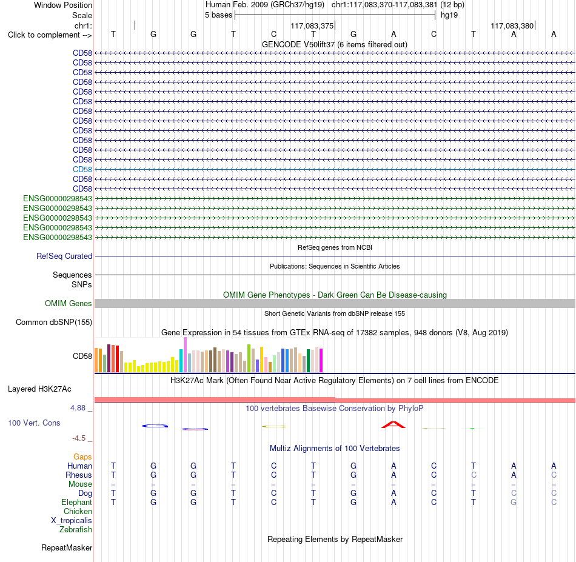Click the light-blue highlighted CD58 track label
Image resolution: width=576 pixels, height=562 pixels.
coord(82,169)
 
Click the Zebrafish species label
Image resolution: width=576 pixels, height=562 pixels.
coord(76,529)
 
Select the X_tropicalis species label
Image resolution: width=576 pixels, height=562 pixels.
coord(72,521)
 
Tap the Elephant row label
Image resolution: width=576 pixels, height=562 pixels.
coord(77,502)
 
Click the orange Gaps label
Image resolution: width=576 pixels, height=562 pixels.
coord(82,457)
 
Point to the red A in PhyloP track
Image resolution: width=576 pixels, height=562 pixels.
coord(393,425)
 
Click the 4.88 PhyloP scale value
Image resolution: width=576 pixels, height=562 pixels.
coord(78,408)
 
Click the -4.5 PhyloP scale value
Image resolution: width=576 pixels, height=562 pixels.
coord(79,438)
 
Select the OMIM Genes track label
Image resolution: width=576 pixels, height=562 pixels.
coord(69,303)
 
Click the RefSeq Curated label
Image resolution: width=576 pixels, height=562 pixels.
coord(64,256)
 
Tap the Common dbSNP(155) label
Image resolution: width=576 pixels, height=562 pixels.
coord(54,322)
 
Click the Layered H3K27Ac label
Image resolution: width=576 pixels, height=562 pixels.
coord(39,389)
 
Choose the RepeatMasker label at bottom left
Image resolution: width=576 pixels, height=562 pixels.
coord(67,547)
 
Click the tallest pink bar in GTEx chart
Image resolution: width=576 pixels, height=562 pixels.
coord(185,355)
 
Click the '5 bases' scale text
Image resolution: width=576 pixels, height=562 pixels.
coord(218,15)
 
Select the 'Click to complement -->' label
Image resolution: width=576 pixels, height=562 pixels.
coord(50,35)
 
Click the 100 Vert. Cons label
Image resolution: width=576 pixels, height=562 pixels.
coord(34,423)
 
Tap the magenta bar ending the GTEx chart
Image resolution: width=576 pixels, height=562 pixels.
coord(321,360)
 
